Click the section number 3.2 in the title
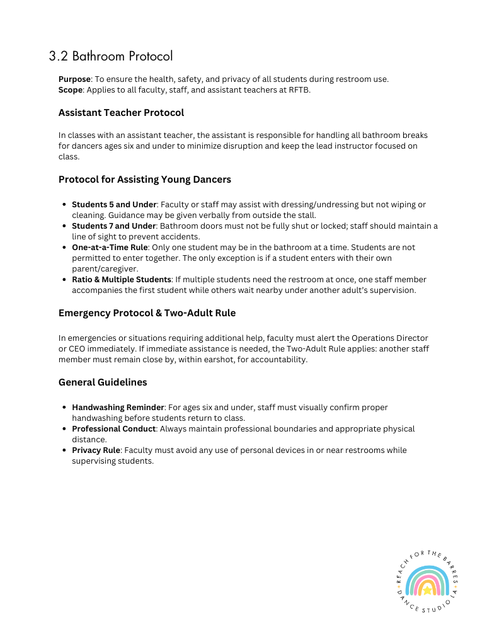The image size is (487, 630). pyautogui.click(x=58, y=56)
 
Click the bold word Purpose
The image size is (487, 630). pyautogui.click(x=74, y=79)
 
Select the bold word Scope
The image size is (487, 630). pyautogui.click(x=70, y=90)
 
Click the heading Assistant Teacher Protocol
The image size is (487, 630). pyautogui.click(x=121, y=113)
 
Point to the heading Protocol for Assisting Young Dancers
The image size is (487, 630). pyautogui.click(x=144, y=180)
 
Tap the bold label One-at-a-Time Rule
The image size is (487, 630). pyautogui.click(x=109, y=248)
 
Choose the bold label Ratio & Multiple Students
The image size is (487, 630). pyautogui.click(x=121, y=280)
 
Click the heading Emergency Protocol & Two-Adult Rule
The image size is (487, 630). pyautogui.click(x=147, y=313)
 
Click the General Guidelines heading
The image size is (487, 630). pyautogui.click(x=102, y=382)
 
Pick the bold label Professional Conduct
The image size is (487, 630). pyautogui.click(x=113, y=429)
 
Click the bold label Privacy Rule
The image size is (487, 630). pyautogui.click(x=95, y=450)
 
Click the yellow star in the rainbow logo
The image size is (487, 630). pyautogui.click(x=428, y=590)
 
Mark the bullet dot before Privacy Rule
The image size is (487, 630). pyautogui.click(x=65, y=450)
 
